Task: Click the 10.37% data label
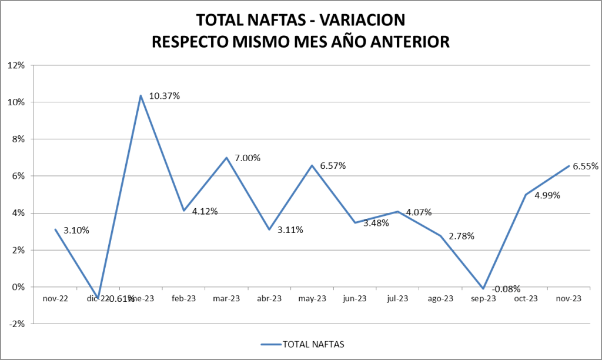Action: tap(164, 95)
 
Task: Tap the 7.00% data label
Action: tap(247, 158)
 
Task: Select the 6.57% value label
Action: tap(332, 166)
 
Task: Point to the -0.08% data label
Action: tap(506, 289)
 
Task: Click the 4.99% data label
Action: tap(547, 195)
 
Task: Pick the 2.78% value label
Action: tap(461, 236)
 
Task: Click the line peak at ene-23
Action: tap(141, 95)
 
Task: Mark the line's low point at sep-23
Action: tap(483, 288)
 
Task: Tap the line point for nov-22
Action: tap(55, 229)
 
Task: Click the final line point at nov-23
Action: tap(569, 166)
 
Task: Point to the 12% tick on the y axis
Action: tap(16, 65)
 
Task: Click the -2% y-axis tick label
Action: tap(16, 324)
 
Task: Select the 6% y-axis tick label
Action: tap(18, 176)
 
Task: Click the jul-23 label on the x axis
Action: tap(397, 299)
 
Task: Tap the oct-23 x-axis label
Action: tap(526, 299)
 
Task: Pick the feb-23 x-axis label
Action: tap(183, 299)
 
